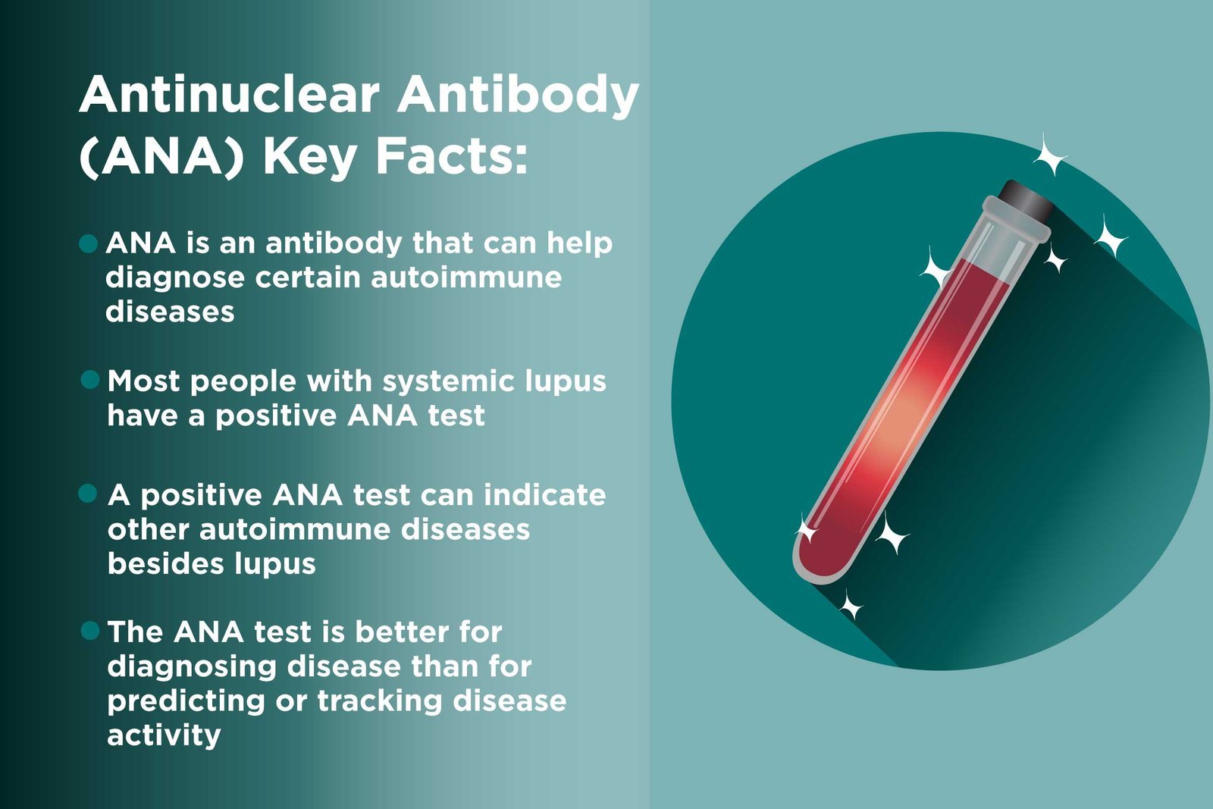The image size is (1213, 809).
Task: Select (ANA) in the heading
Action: pyautogui.click(x=161, y=157)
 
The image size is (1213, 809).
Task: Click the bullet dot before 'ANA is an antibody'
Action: pyautogui.click(x=89, y=243)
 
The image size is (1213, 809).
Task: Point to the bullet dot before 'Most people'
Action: pyautogui.click(x=90, y=380)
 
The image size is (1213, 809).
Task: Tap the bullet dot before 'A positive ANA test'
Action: pyautogui.click(x=89, y=494)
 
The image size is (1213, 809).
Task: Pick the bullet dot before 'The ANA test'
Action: pyautogui.click(x=90, y=631)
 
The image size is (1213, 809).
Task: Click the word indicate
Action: pyautogui.click(x=544, y=495)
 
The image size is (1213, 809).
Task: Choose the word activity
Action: pyautogui.click(x=165, y=735)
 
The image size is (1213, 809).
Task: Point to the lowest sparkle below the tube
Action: pyautogui.click(x=851, y=607)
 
